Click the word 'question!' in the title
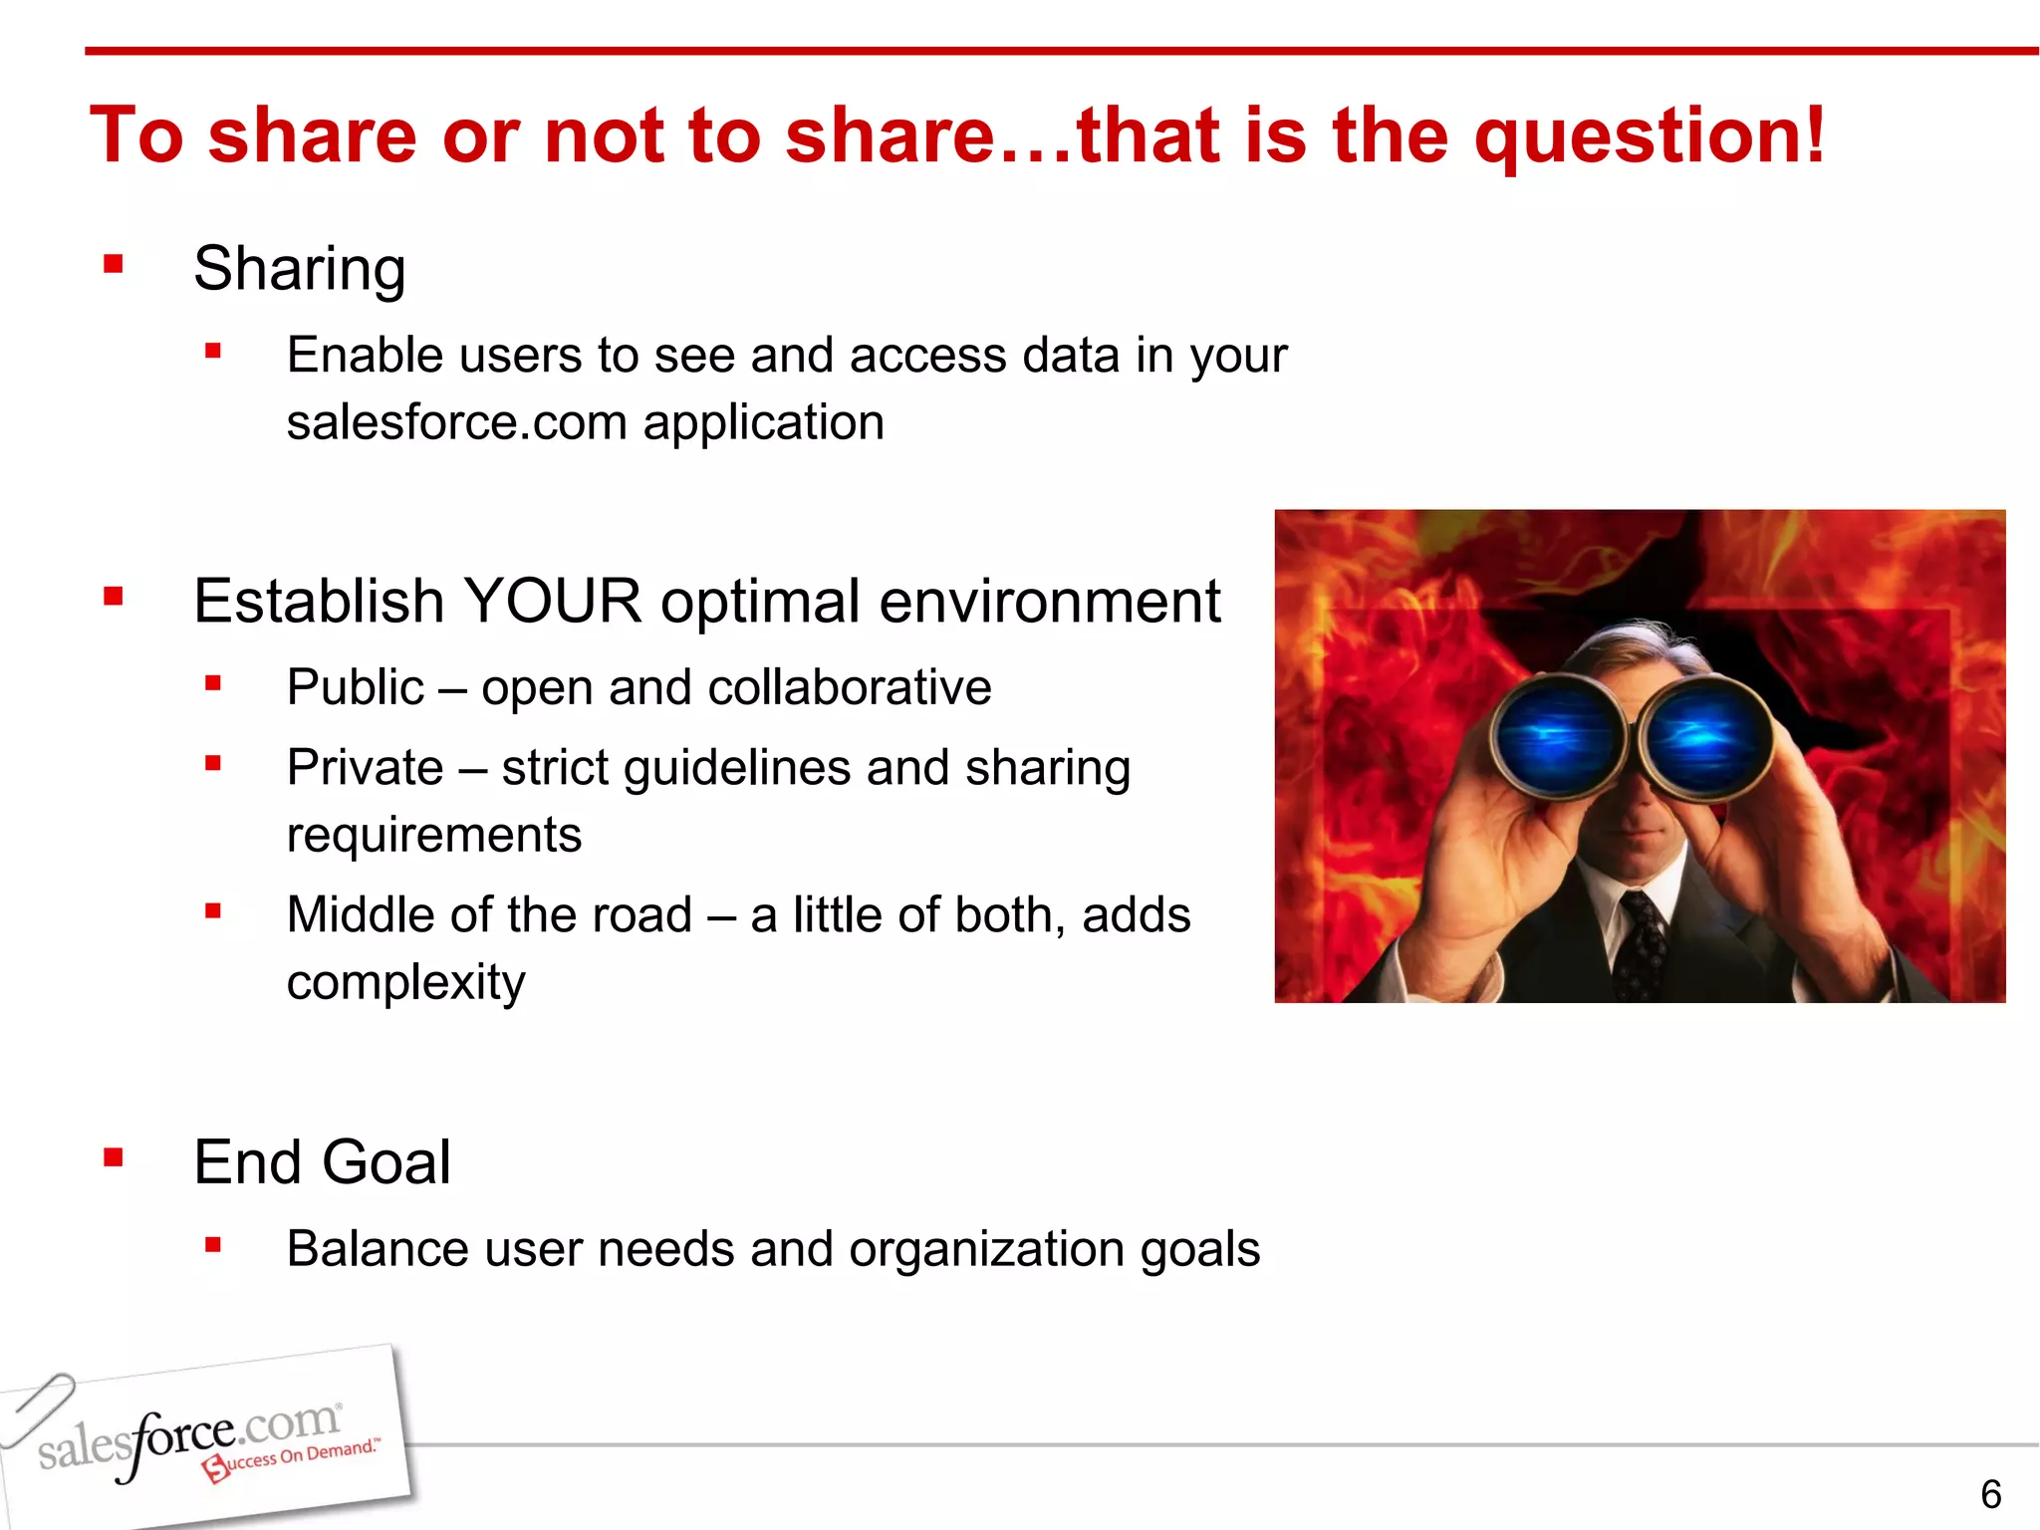click(1649, 136)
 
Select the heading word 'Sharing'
click(299, 269)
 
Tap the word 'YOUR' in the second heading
click(552, 602)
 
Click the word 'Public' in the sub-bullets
click(356, 688)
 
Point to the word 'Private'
click(365, 768)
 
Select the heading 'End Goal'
click(322, 1162)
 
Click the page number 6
click(1990, 1494)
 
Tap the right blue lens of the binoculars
click(1703, 737)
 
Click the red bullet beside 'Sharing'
click(114, 264)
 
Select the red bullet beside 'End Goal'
click(114, 1157)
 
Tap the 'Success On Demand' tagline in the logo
click(294, 1458)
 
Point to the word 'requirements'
click(433, 835)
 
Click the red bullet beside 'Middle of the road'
click(212, 910)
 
